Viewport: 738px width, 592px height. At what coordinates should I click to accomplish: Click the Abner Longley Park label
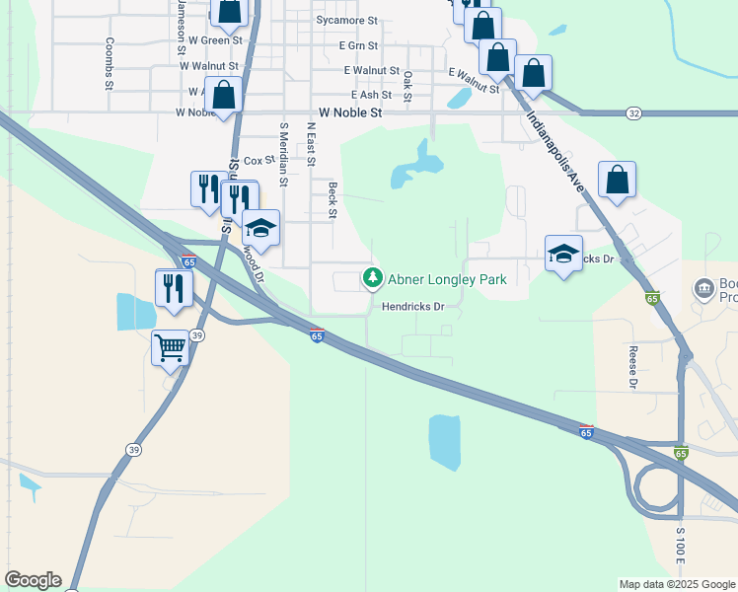(447, 279)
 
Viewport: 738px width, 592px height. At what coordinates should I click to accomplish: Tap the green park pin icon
(373, 278)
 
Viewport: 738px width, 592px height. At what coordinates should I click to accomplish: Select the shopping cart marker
(170, 346)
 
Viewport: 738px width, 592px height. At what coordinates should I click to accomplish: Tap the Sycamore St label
(346, 20)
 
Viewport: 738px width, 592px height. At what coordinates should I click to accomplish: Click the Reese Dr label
(633, 365)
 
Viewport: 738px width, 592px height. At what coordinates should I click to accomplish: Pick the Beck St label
(332, 200)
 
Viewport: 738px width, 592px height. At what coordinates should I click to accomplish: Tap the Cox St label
(258, 160)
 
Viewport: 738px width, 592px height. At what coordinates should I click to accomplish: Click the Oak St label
(407, 85)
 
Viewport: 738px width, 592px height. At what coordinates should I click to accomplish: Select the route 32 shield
(633, 114)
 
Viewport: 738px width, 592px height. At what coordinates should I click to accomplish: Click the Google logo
(33, 580)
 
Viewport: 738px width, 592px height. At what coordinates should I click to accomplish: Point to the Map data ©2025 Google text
(676, 584)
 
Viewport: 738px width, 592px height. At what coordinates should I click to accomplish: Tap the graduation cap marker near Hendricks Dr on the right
(563, 254)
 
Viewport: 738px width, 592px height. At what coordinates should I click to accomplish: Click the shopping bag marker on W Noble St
(224, 96)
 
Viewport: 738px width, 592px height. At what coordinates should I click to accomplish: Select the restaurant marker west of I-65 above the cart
(174, 287)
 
